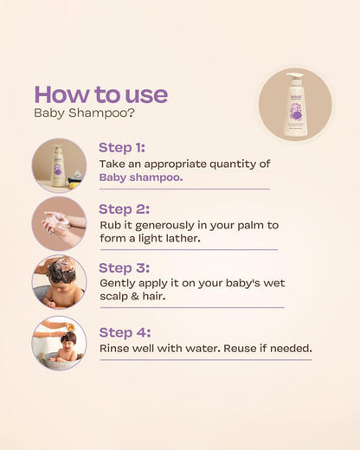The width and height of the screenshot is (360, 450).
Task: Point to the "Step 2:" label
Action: click(124, 209)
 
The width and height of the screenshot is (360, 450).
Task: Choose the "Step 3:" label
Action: click(124, 267)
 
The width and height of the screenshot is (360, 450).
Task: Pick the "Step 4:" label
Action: click(125, 332)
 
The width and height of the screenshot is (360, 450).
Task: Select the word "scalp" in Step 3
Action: click(116, 297)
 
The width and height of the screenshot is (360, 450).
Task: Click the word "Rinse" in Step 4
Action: click(115, 348)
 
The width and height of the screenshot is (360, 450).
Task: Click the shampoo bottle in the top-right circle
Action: click(295, 106)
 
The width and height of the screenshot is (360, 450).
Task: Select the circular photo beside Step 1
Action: click(59, 164)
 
